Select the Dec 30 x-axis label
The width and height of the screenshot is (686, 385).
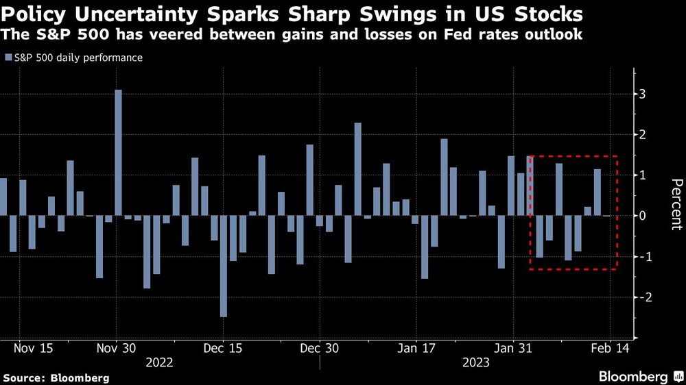click(x=320, y=347)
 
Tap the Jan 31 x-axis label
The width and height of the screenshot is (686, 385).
click(x=514, y=347)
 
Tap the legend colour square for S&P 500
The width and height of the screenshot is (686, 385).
click(x=8, y=58)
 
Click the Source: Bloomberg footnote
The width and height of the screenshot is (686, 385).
click(x=56, y=377)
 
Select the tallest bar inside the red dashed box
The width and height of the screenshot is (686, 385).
click(x=559, y=189)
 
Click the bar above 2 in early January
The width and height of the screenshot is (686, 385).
click(x=357, y=169)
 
